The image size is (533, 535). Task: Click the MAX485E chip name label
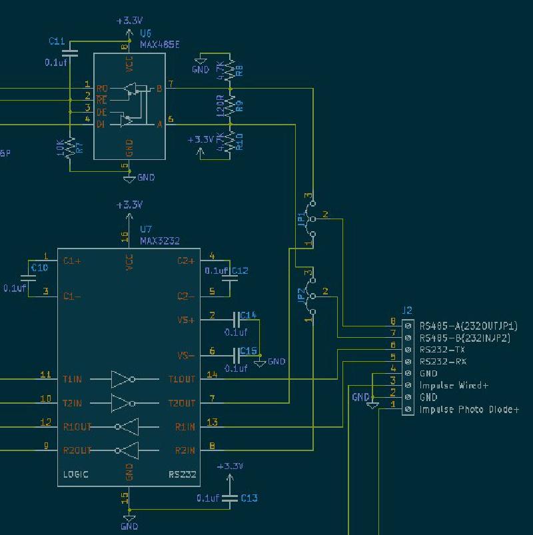click(160, 43)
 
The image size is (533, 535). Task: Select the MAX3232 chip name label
click(160, 241)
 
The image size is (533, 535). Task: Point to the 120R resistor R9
click(230, 105)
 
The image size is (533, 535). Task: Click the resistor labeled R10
click(230, 141)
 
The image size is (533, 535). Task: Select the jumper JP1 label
click(301, 219)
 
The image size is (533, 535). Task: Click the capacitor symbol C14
click(236, 320)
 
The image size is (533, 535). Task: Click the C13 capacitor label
click(249, 498)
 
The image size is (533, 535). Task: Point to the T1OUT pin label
click(182, 380)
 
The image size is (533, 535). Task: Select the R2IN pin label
click(185, 450)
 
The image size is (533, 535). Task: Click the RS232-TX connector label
click(442, 350)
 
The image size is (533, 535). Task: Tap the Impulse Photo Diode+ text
click(469, 409)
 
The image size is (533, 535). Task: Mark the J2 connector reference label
click(408, 310)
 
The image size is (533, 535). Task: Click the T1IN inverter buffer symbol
click(123, 380)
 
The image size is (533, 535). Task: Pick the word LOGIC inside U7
click(76, 474)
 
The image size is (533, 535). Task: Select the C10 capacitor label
click(40, 268)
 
